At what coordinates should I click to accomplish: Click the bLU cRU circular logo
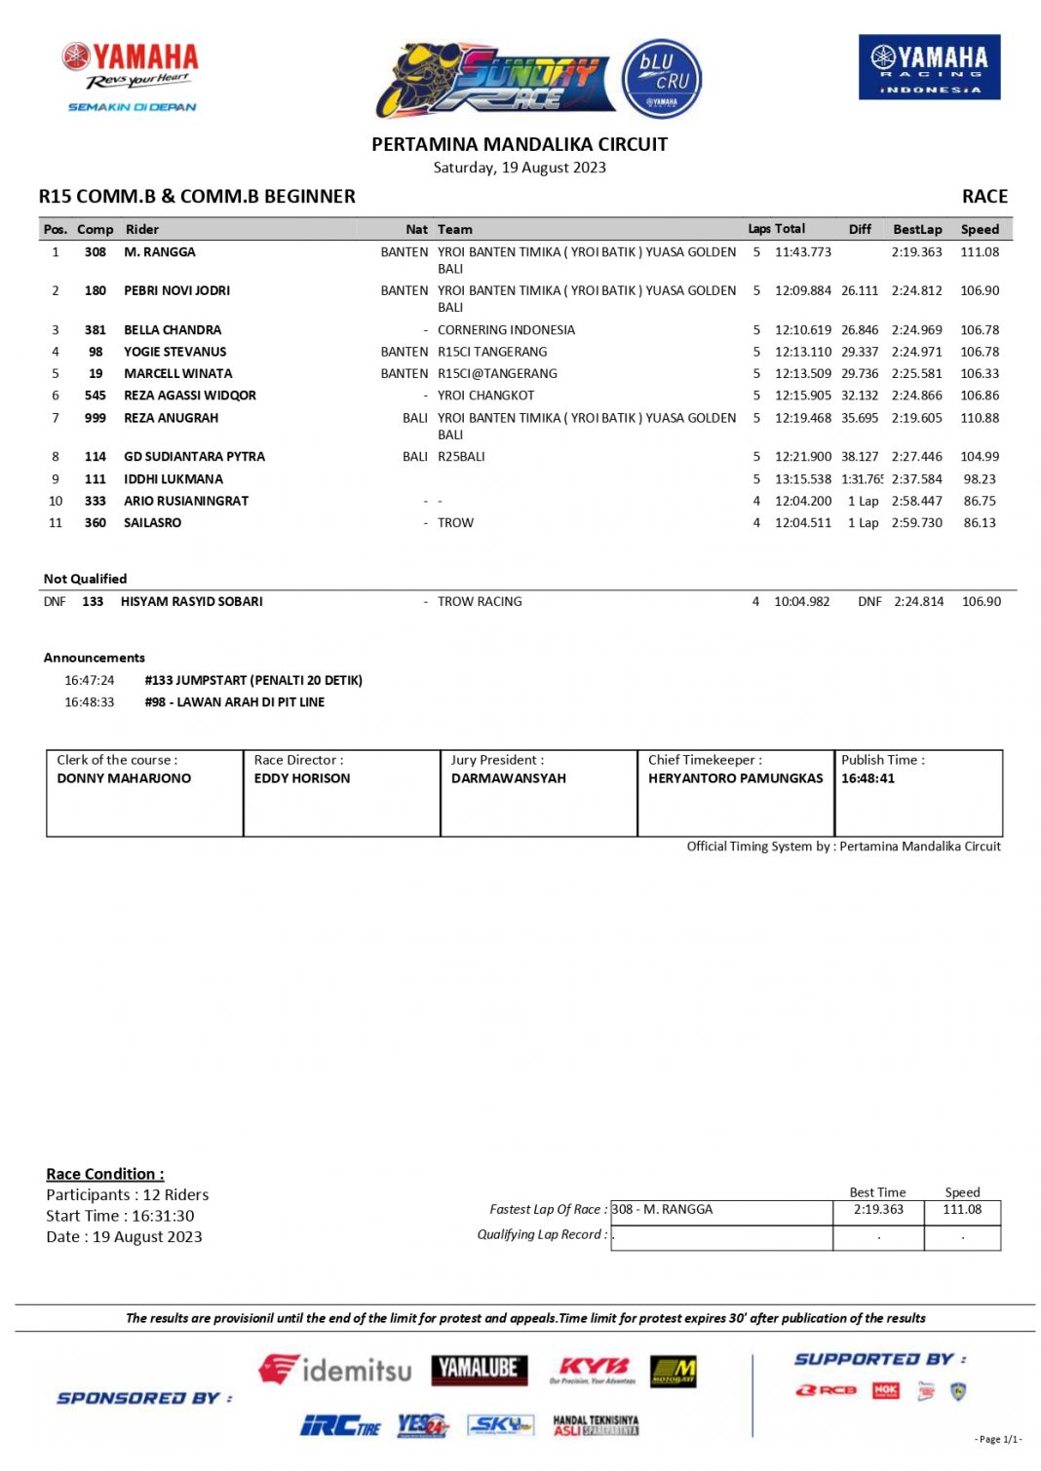coord(661,78)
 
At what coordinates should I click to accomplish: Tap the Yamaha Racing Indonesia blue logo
coord(928,67)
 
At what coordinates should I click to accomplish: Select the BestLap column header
coord(916,230)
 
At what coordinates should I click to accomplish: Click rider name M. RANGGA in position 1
coord(159,252)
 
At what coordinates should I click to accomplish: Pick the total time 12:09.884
coord(802,291)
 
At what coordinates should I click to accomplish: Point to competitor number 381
coord(95,330)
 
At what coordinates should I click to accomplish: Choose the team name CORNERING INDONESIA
coord(505,330)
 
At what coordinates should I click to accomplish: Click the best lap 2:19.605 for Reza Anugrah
coord(916,418)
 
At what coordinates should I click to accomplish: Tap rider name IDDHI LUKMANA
coord(173,479)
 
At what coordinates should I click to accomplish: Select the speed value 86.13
coord(979,523)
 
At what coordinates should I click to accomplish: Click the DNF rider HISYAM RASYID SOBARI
coord(191,602)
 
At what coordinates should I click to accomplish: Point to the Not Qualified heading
coord(85,579)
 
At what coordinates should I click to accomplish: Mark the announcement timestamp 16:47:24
coord(89,681)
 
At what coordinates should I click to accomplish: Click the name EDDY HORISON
coord(301,778)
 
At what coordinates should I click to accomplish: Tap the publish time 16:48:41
coord(867,778)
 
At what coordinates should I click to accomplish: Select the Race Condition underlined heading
coord(104,1174)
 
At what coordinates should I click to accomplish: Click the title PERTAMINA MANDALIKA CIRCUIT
coord(519,145)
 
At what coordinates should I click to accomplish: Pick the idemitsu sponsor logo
coord(334,1370)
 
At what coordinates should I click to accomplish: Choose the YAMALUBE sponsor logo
coord(479,1370)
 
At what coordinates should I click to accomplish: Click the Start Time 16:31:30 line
coord(120,1216)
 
